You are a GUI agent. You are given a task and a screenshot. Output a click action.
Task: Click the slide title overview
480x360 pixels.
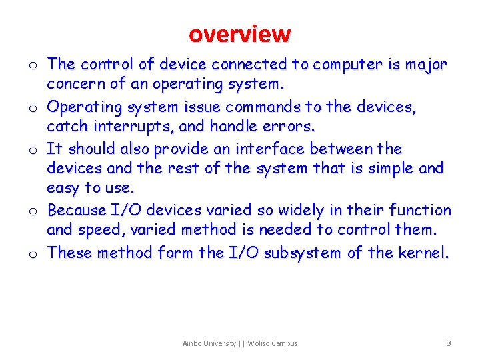pyautogui.click(x=239, y=33)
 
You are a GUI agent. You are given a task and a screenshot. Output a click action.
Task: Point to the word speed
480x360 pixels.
pyautogui.click(x=98, y=231)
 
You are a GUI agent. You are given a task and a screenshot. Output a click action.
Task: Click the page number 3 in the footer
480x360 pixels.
pyautogui.click(x=449, y=343)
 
